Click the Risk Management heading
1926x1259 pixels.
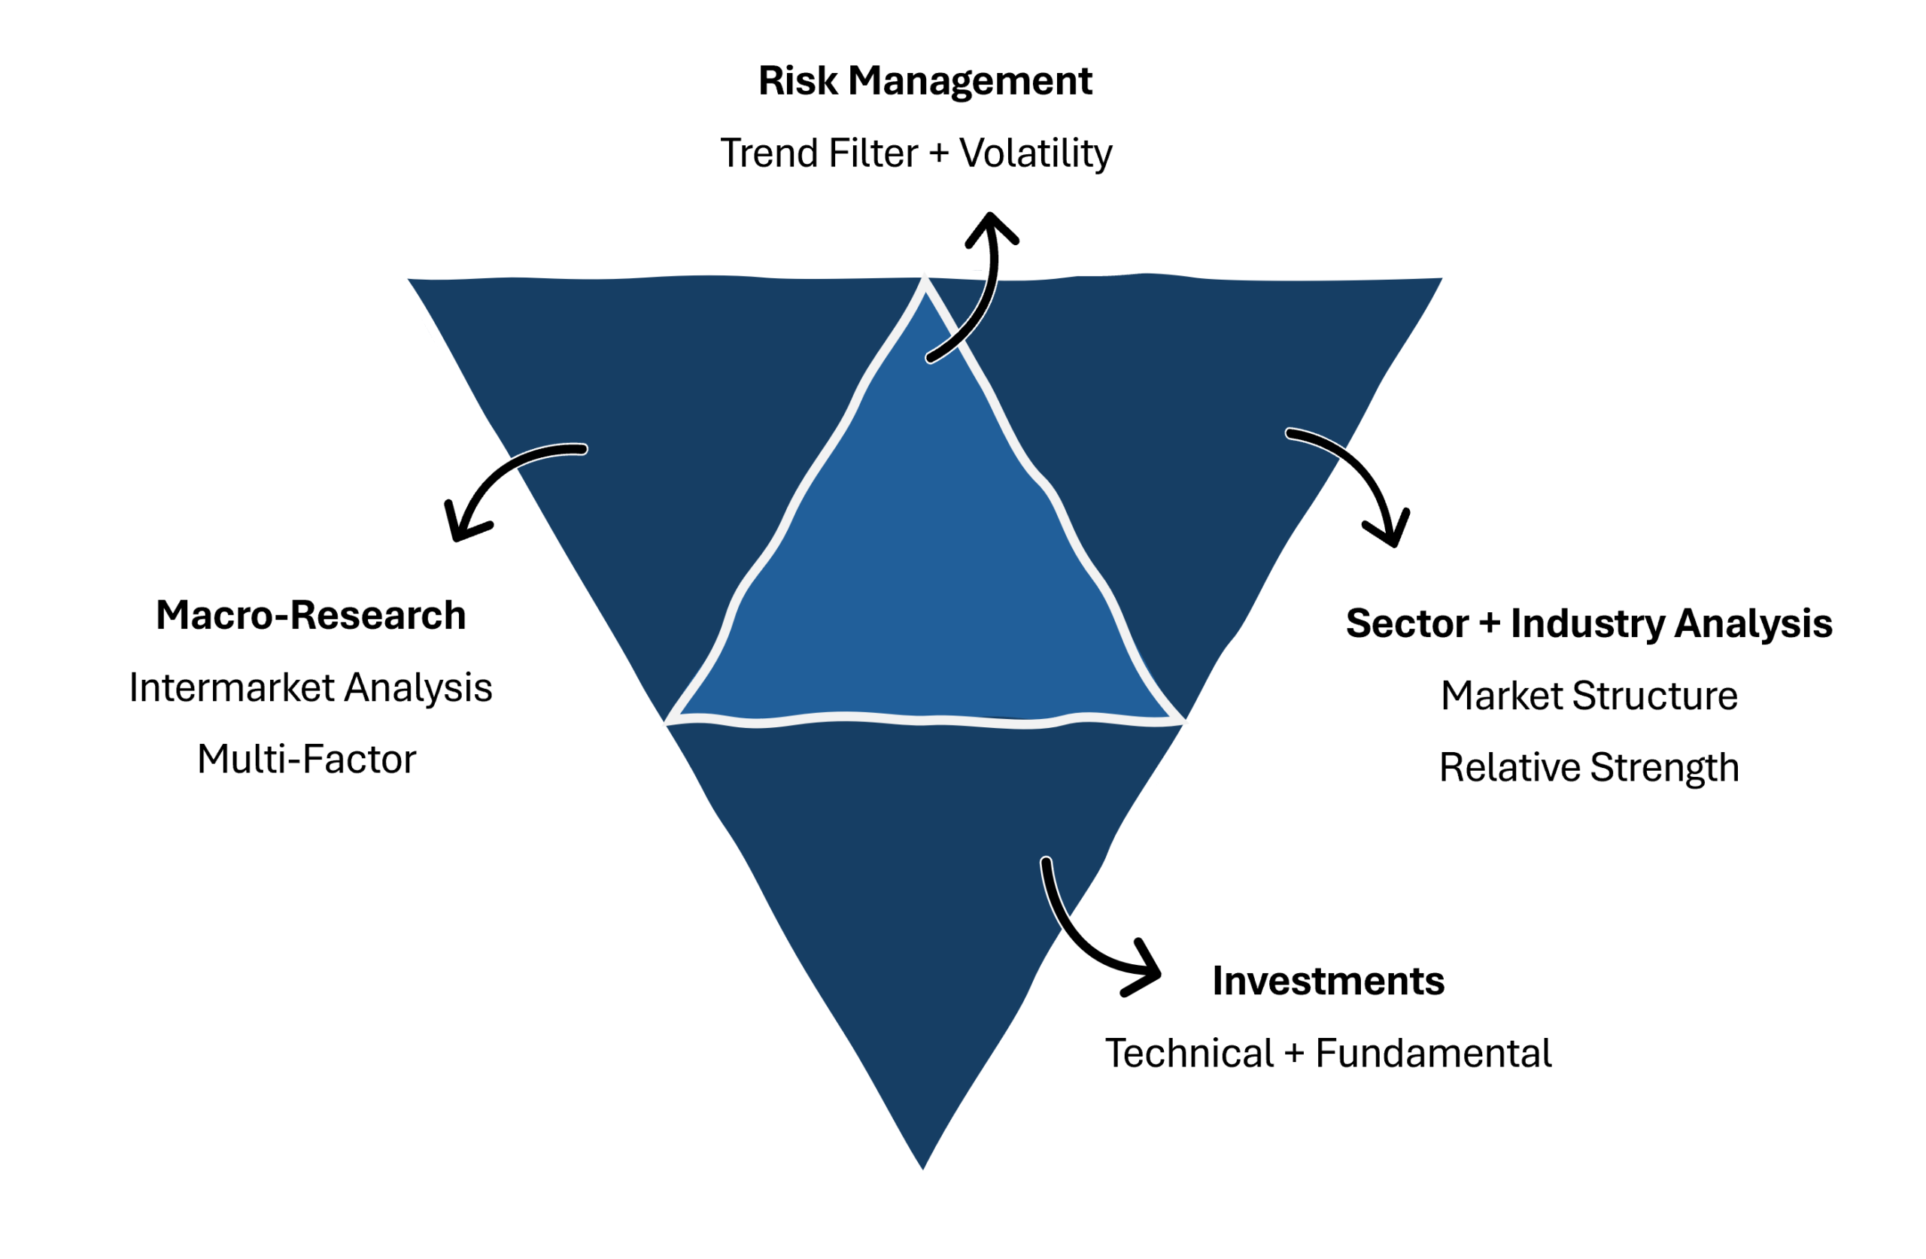pyautogui.click(x=925, y=81)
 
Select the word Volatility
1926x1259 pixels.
pyautogui.click(x=1035, y=153)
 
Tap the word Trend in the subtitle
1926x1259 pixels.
pyautogui.click(x=768, y=153)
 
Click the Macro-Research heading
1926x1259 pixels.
pyautogui.click(x=311, y=616)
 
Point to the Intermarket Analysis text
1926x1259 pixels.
pyautogui.click(x=311, y=687)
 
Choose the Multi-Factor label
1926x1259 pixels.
pyautogui.click(x=307, y=760)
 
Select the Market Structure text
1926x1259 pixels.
pyautogui.click(x=1588, y=696)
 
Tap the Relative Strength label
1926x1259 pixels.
pyautogui.click(x=1588, y=767)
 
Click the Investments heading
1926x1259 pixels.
pyautogui.click(x=1328, y=981)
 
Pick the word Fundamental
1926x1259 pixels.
pyautogui.click(x=1433, y=1054)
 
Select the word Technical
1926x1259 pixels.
pyautogui.click(x=1189, y=1054)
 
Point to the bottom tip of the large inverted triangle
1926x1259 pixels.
pyautogui.click(x=922, y=1166)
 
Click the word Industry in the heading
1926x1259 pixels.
pyautogui.click(x=1587, y=623)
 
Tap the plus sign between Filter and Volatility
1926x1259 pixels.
pyautogui.click(x=939, y=153)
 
